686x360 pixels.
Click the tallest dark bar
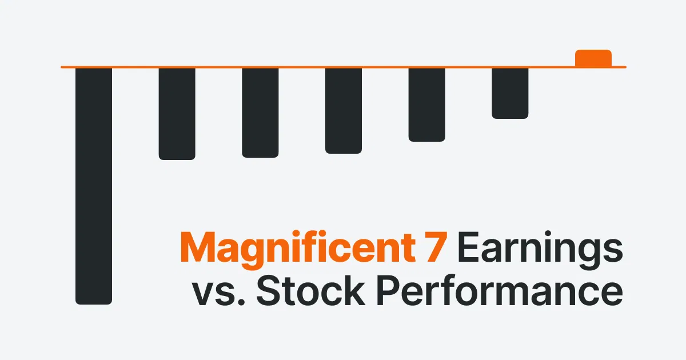point(94,186)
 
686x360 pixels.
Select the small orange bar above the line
point(593,58)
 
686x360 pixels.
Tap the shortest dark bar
point(510,93)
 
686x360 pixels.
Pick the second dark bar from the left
point(177,113)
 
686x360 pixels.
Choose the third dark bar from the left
point(260,112)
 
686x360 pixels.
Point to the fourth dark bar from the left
point(344,110)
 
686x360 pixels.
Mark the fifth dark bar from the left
point(426,104)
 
